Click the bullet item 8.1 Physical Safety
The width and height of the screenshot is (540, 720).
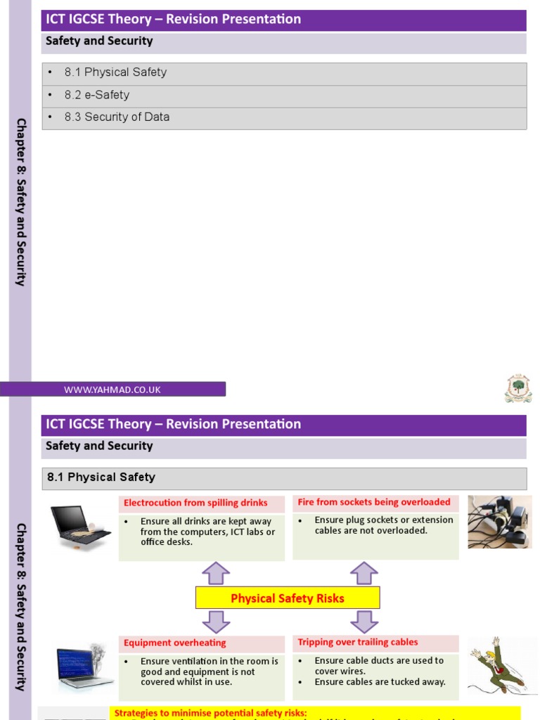pos(115,72)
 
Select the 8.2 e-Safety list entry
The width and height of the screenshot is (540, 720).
pos(97,95)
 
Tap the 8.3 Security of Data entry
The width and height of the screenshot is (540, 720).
pos(117,117)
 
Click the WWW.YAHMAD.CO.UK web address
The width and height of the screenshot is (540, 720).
pos(112,390)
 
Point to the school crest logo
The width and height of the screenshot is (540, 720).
pos(518,388)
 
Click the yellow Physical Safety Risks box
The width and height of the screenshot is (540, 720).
pos(288,598)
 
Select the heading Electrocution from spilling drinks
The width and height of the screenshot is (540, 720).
pos(195,503)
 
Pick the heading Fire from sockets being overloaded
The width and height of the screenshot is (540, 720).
pos(374,502)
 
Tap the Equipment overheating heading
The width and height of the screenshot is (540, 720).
pos(175,643)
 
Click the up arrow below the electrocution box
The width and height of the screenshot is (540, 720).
pos(216,573)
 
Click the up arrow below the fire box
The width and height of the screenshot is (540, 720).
pos(364,573)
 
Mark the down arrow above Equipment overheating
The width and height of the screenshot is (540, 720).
pos(216,622)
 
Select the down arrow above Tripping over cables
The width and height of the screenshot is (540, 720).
pos(364,622)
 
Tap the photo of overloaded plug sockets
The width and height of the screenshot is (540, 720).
pos(500,521)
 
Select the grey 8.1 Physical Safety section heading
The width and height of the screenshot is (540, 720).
pos(284,477)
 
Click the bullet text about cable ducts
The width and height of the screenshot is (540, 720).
pos(379,666)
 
